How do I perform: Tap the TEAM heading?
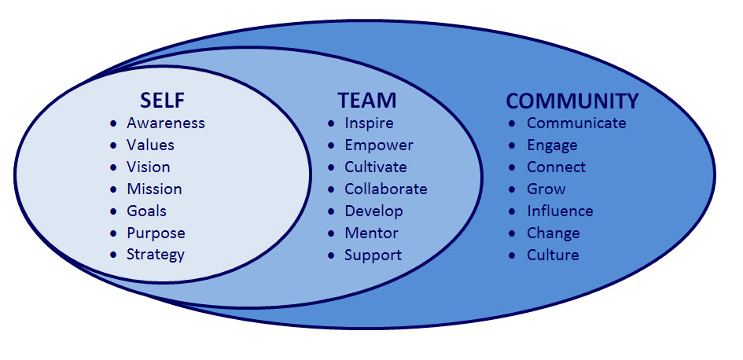coord(367,101)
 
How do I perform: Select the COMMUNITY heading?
coord(572,101)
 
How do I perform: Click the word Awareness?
coord(165,123)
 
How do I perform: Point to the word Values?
coord(150,145)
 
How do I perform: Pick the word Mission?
coord(154,189)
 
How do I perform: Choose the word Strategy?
coord(156,255)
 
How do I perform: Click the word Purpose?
coord(156,233)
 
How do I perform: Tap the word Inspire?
coord(369,123)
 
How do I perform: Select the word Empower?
coord(378,145)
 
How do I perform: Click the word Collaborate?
coord(385,189)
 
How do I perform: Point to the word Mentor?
coord(371,233)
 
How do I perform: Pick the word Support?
coord(373,255)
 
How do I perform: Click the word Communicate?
coord(576,123)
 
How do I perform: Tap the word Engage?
coord(552,146)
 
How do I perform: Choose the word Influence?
coord(560,211)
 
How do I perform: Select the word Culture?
coord(553,255)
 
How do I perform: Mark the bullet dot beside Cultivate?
coord(332,167)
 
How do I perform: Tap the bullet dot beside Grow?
coord(513,189)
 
